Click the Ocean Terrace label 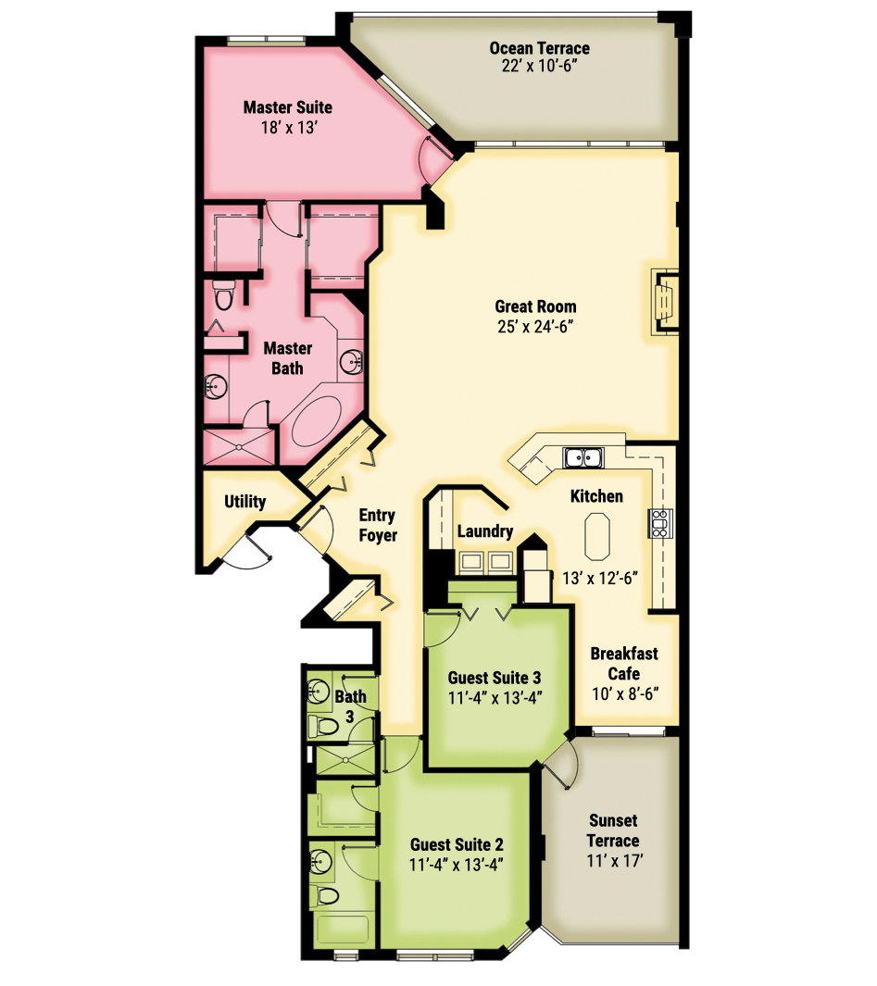(x=539, y=48)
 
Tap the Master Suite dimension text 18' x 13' (x=289, y=128)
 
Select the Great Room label (x=535, y=306)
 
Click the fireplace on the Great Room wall (x=666, y=301)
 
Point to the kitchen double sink (x=583, y=457)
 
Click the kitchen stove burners (x=660, y=523)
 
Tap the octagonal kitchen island (x=597, y=536)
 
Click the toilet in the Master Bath (x=223, y=295)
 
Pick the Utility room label (x=244, y=502)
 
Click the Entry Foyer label (x=378, y=525)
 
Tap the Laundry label (x=485, y=531)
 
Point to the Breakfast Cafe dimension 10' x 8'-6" (x=625, y=693)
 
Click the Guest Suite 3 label (x=495, y=678)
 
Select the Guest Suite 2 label (x=457, y=844)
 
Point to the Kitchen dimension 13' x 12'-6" (x=600, y=578)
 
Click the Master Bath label (x=287, y=357)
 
